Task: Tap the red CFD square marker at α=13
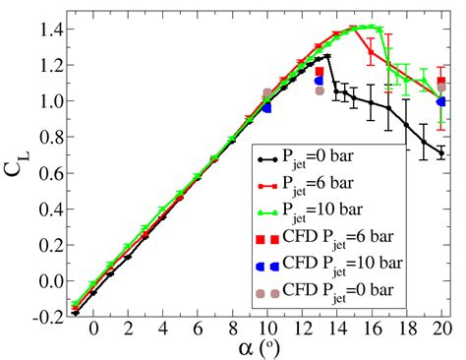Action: pyautogui.click(x=319, y=72)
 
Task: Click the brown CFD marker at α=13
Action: pyautogui.click(x=319, y=90)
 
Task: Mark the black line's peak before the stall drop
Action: pyautogui.click(x=327, y=56)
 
